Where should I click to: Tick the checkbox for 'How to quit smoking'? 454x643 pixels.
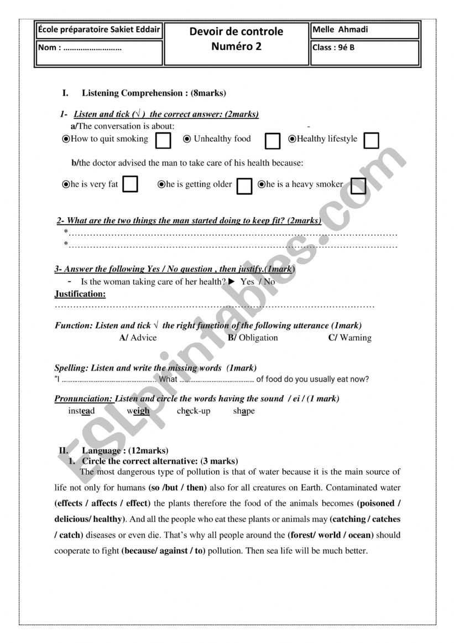pos(163,141)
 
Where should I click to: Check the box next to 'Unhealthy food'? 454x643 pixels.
pos(272,141)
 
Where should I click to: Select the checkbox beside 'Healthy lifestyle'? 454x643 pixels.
pos(372,140)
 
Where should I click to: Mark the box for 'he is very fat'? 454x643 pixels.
pos(130,184)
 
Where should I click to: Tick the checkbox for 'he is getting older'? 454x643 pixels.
pos(244,186)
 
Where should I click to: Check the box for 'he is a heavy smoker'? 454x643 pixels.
pos(358,186)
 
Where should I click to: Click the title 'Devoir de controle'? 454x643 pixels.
pos(236,32)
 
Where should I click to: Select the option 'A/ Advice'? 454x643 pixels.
pos(138,338)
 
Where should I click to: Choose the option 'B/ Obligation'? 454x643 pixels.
pos(253,338)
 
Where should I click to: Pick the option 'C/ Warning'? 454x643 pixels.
pos(350,338)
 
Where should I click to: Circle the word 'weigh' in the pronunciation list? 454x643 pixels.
pos(138,411)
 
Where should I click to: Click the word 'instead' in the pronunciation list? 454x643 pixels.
pos(81,411)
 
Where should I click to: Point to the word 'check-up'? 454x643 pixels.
pos(194,411)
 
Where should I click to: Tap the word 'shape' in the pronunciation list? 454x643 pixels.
pos(244,411)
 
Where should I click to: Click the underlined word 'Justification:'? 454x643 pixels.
pos(80,294)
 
